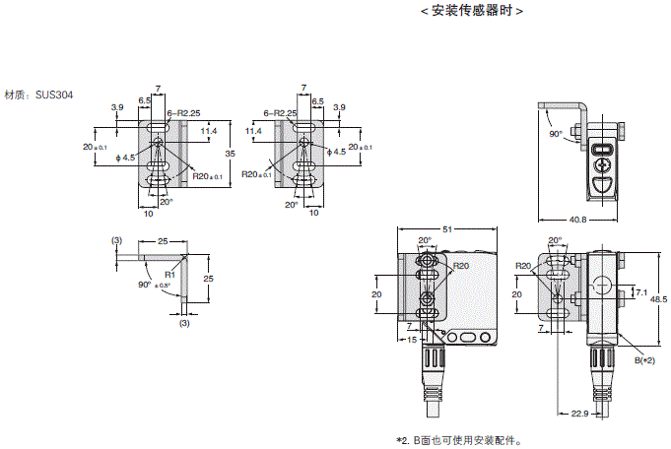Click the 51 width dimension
pos(447,228)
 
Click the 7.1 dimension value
pos(641,292)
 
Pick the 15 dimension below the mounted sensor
pos(411,341)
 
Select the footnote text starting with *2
pos(458,440)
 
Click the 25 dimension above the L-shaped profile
pos(162,239)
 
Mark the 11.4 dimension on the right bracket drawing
pos(253,130)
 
